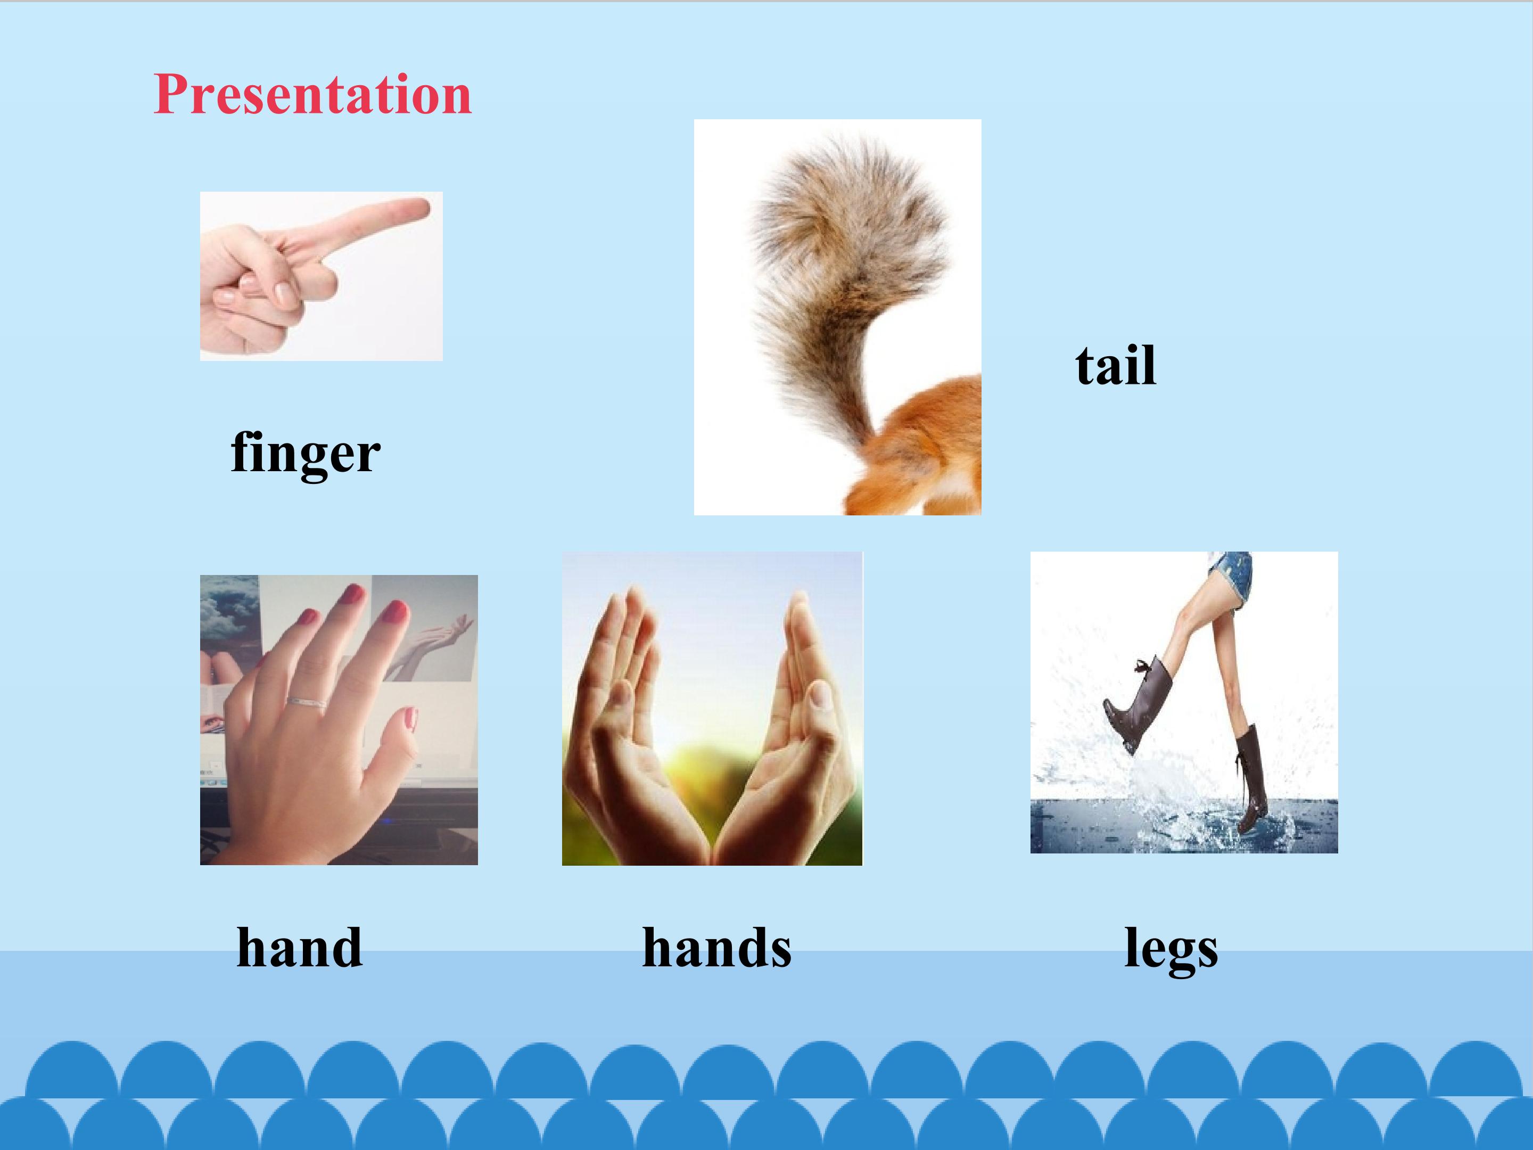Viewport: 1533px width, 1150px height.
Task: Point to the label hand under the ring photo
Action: tap(299, 947)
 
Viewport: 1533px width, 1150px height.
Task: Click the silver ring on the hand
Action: tap(307, 703)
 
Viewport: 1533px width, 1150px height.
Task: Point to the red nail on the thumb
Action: tap(410, 719)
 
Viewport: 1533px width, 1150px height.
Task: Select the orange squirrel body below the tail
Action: tap(915, 450)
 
